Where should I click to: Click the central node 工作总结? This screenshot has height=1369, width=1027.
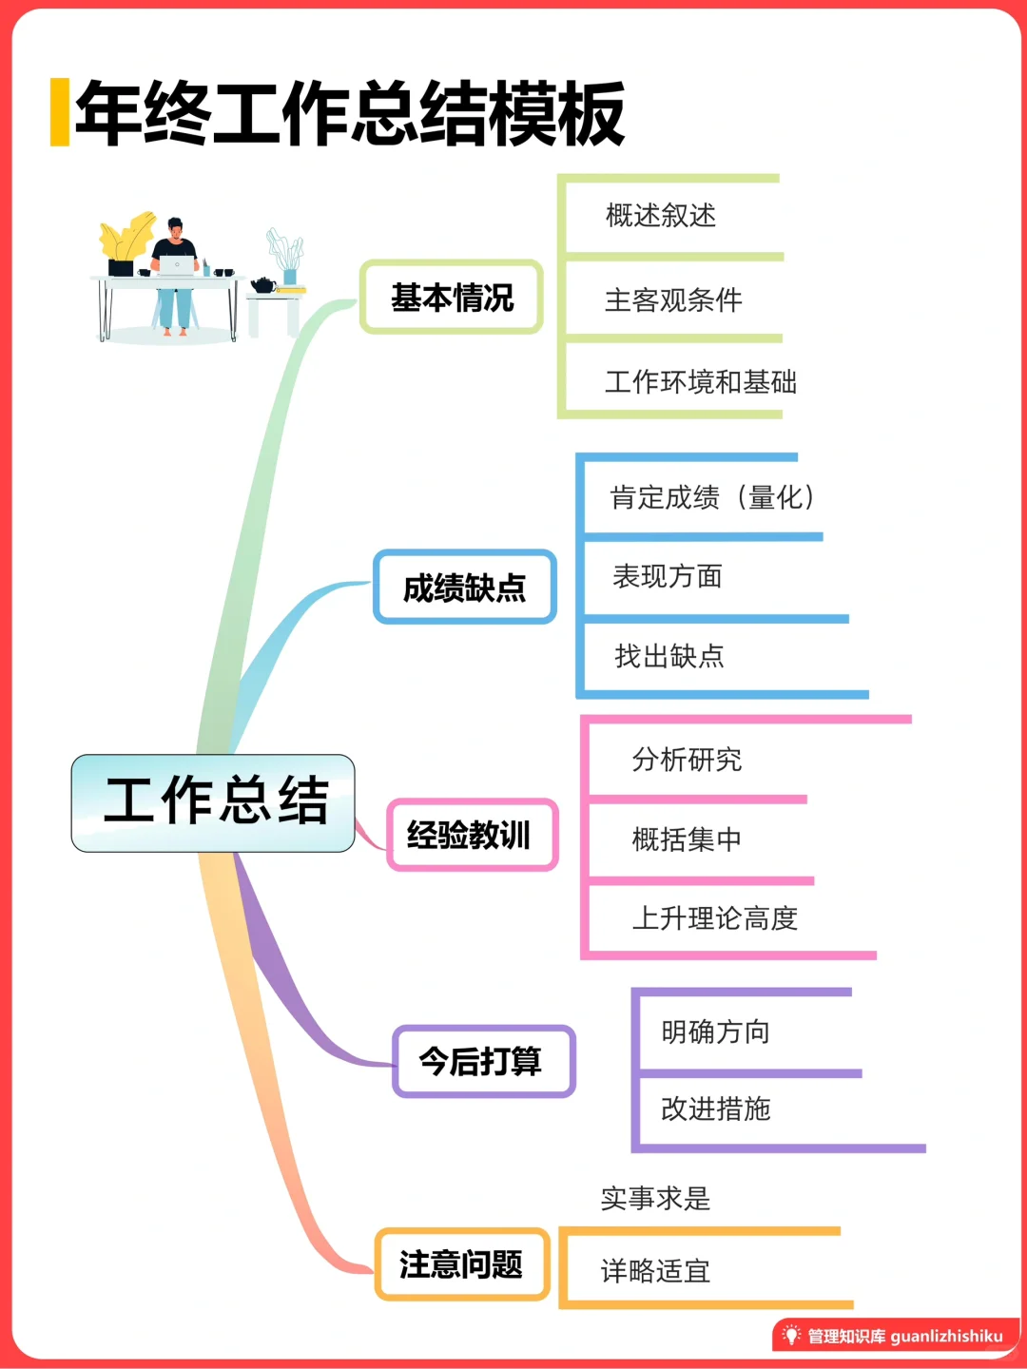coord(213,802)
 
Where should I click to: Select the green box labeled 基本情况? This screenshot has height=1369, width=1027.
coord(452,298)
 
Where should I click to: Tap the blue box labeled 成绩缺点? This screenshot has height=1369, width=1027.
coord(464,588)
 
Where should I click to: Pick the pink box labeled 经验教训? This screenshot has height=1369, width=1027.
coord(470,835)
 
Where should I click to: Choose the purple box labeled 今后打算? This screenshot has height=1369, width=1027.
coord(482,1061)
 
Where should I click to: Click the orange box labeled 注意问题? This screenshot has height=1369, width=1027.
coord(462,1264)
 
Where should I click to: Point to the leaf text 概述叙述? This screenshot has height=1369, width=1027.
coord(661,216)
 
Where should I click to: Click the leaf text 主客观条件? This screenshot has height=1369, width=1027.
coord(673,300)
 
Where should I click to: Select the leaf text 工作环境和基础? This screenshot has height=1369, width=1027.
coord(701,382)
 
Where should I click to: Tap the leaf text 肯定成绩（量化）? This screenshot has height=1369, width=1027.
coord(713,497)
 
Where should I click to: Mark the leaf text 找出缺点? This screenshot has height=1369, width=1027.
coord(669,656)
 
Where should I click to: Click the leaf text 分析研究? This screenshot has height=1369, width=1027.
coord(687,760)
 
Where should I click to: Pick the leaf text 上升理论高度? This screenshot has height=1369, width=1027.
coord(715,918)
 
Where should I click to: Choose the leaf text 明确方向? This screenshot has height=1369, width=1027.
coord(715,1032)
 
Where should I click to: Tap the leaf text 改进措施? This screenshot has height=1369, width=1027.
coord(715,1109)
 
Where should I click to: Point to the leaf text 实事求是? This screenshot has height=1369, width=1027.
coord(655,1199)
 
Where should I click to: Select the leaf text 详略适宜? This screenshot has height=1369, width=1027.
coord(655,1271)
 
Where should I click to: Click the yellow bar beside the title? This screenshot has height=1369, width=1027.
coord(60,112)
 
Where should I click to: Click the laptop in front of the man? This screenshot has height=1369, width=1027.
coord(176,265)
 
